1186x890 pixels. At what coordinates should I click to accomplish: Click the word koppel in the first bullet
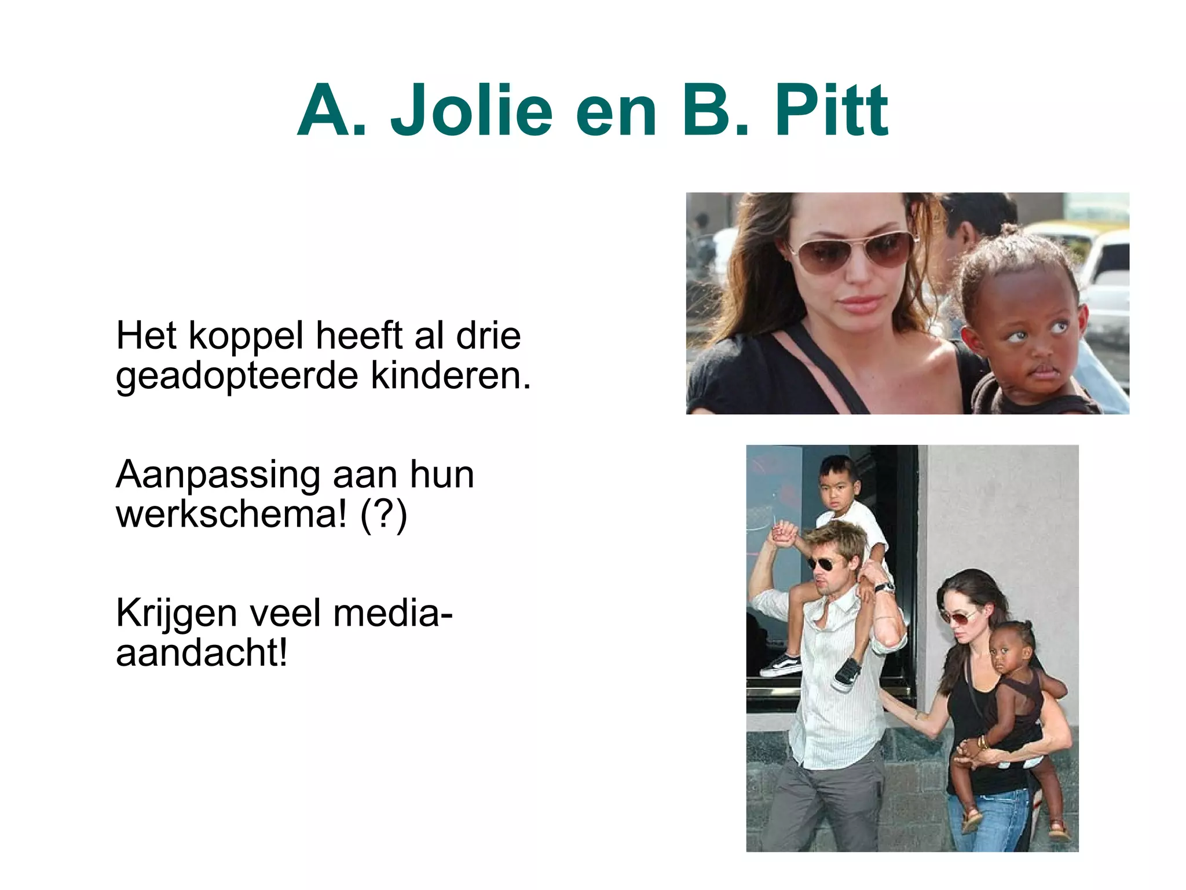click(246, 337)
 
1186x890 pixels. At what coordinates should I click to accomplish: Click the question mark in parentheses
click(383, 514)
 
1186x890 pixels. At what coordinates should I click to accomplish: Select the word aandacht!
click(202, 653)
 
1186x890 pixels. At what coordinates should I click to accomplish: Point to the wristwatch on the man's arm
click(883, 588)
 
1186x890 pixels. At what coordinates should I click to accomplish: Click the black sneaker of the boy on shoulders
click(846, 674)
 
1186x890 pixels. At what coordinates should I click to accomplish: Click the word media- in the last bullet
click(393, 613)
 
